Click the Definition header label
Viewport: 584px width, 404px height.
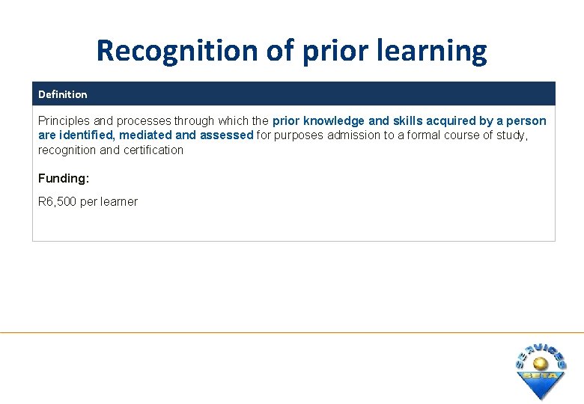(62, 94)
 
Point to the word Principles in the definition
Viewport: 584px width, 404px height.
(64, 120)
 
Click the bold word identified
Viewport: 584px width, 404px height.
(86, 135)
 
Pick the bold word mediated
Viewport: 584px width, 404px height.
(147, 135)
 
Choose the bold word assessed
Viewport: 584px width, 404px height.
(226, 135)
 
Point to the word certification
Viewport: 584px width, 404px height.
(153, 150)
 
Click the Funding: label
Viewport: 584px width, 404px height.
(62, 178)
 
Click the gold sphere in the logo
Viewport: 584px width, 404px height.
(540, 363)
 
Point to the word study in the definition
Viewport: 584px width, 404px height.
(511, 135)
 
